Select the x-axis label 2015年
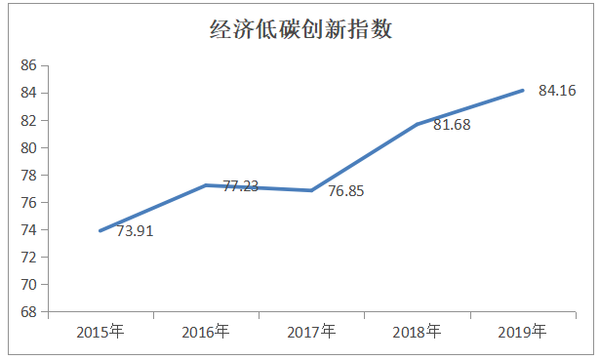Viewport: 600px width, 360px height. coord(100,333)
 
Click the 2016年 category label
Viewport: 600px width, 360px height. coord(206,333)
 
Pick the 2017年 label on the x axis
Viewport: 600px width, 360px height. coord(311,333)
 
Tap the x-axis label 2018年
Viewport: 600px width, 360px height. coord(417,333)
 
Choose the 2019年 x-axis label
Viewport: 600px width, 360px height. coord(522,333)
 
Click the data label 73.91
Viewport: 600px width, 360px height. coord(136,231)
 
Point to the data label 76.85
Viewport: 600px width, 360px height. coord(346,191)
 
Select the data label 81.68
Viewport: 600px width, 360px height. coord(451,125)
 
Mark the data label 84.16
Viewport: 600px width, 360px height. coord(558,91)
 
